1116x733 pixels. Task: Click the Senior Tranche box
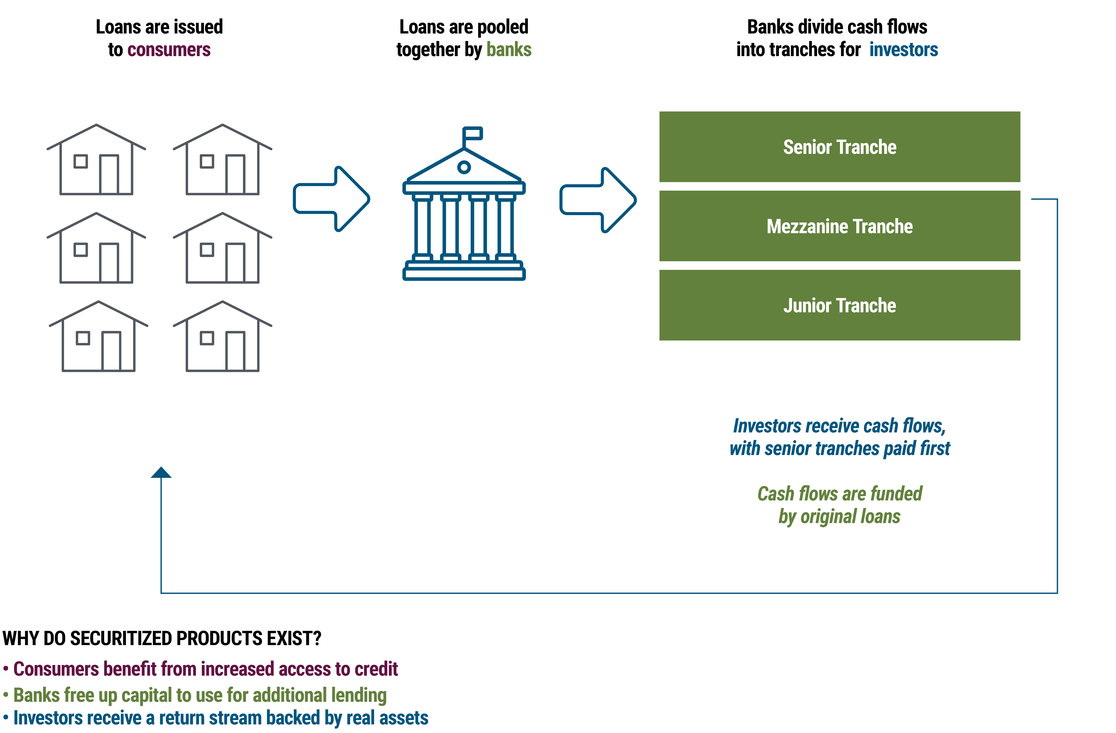(839, 147)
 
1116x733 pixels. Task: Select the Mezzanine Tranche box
(839, 226)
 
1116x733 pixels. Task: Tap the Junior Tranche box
(839, 305)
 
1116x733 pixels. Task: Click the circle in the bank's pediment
(464, 167)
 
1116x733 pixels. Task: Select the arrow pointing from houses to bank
(331, 199)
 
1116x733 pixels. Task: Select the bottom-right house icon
(222, 337)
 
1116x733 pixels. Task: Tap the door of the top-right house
(235, 174)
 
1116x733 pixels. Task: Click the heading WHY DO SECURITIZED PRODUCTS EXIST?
(162, 638)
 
